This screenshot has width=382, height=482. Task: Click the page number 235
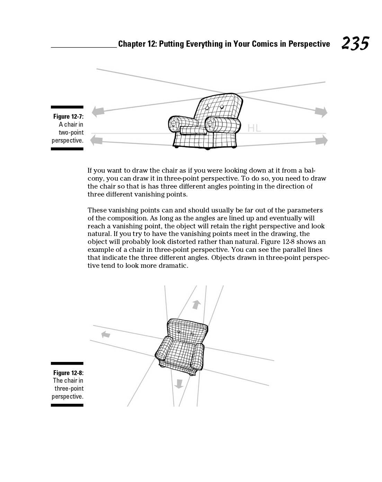click(x=355, y=44)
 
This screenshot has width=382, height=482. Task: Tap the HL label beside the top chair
click(x=254, y=128)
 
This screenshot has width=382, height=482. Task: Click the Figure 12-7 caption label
click(x=68, y=117)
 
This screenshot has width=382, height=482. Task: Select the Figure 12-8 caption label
click(x=68, y=373)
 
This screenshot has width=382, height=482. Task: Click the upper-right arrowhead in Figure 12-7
click(x=321, y=111)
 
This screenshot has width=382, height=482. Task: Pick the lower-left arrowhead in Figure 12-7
click(x=97, y=140)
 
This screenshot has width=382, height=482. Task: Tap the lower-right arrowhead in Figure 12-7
click(x=322, y=140)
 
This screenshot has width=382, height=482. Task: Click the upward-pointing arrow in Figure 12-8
click(x=196, y=304)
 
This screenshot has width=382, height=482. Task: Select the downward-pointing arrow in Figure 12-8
click(x=179, y=384)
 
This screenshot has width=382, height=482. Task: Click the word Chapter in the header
click(x=132, y=44)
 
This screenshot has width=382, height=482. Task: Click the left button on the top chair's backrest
click(x=207, y=108)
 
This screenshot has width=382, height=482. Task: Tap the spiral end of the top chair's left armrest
click(x=174, y=123)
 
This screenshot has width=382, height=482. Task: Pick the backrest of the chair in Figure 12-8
click(x=187, y=330)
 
